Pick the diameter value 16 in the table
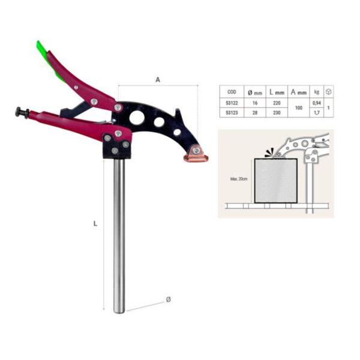[254, 103]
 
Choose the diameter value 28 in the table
[254, 112]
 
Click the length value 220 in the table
[276, 103]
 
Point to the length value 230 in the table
[276, 112]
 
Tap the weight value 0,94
[317, 103]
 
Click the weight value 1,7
[317, 112]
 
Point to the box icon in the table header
[329, 92]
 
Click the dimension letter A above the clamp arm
[157, 79]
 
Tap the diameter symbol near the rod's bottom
[168, 299]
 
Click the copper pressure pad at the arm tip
[196, 156]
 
